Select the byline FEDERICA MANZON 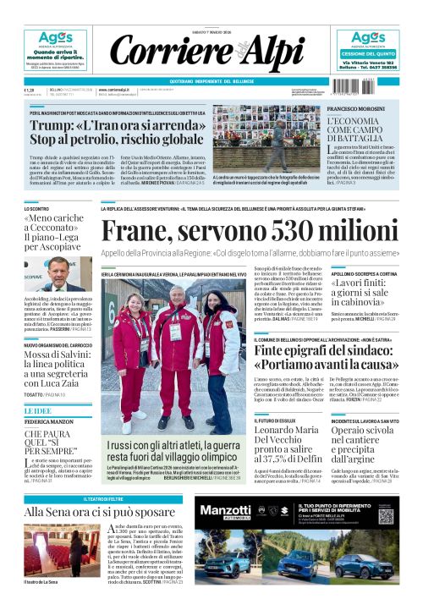pyautogui.click(x=49, y=420)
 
